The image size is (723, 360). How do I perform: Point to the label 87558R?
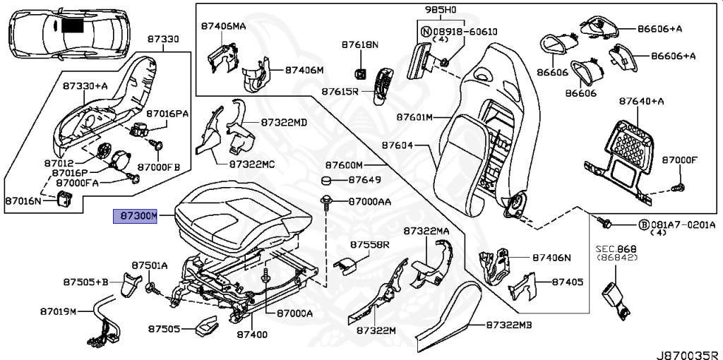[x=369, y=244]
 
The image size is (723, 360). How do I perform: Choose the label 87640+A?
[x=642, y=101]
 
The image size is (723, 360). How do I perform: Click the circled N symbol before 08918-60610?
[x=426, y=32]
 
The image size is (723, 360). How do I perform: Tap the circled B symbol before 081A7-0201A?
[x=643, y=224]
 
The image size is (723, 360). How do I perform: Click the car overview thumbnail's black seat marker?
[x=72, y=25]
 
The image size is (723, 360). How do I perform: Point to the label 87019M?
[x=57, y=311]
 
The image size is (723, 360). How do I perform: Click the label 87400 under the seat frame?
[x=251, y=334]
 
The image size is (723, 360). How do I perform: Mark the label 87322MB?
[x=509, y=325]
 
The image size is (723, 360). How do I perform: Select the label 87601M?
[x=414, y=117]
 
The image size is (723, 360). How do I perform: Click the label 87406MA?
[x=224, y=26]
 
